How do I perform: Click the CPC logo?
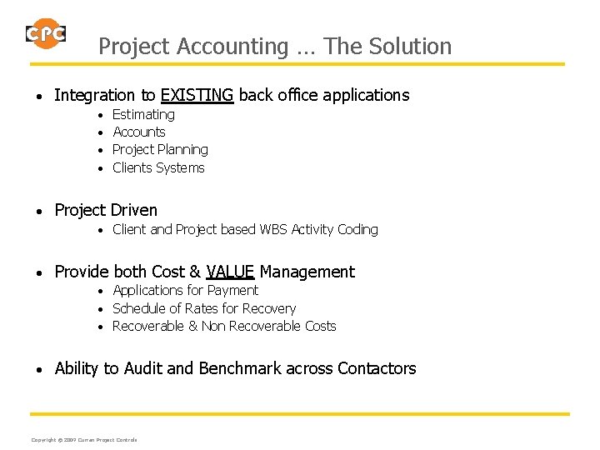pos(45,34)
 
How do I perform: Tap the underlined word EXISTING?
pos(197,95)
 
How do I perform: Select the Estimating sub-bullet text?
pos(143,114)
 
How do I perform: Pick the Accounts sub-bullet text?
pos(138,132)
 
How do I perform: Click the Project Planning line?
pos(160,149)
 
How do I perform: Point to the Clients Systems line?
pos(158,167)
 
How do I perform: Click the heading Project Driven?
pos(106,210)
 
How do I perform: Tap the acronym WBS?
pos(273,229)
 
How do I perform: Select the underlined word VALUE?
pos(230,272)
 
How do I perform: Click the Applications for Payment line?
pos(185,290)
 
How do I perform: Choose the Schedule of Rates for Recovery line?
pos(204,308)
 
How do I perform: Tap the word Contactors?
pos(377,368)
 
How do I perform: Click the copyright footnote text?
pos(84,440)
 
